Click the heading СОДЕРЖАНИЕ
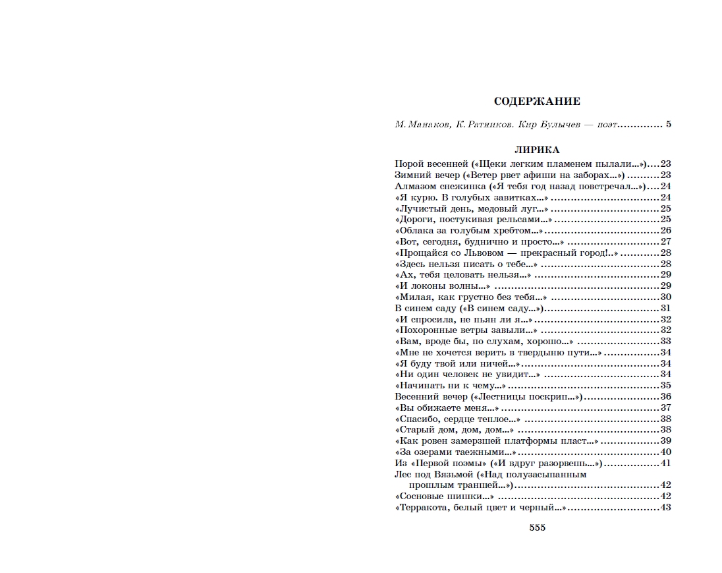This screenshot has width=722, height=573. click(x=537, y=102)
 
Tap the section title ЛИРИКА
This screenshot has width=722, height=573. click(x=537, y=150)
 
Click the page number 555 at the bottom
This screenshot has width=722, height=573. click(x=537, y=527)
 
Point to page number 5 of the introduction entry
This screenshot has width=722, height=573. click(x=668, y=125)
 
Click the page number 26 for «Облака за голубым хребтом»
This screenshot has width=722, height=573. click(x=665, y=230)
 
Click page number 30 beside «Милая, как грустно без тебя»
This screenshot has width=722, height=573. click(x=665, y=297)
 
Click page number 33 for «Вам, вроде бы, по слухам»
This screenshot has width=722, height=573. click(x=665, y=341)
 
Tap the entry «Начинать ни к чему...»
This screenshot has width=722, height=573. click(x=451, y=385)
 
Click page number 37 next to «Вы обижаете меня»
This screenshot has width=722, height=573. click(x=665, y=407)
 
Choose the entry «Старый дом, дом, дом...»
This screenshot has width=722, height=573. click(x=455, y=430)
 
